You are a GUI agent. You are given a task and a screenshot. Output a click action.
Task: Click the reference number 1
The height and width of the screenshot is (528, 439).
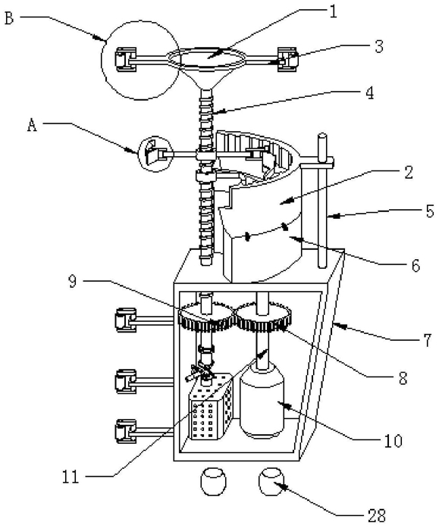coord(333,13)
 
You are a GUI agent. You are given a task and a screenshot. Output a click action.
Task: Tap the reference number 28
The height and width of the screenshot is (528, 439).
coord(375,515)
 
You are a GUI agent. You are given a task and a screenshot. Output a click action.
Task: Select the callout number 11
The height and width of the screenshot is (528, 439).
coord(70,476)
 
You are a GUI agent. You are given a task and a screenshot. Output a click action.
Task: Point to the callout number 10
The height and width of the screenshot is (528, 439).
coord(393,440)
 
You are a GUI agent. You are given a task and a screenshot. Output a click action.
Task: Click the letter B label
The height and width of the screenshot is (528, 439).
coord(9,18)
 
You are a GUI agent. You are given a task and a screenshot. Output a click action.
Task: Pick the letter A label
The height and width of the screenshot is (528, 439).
coord(32,126)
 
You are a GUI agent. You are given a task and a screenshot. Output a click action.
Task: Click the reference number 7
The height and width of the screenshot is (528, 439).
coord(427,340)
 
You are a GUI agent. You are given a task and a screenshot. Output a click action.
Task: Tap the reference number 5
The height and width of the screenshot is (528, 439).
coord(430,211)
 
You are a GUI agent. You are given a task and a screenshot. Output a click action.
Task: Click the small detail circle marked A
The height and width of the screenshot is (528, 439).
coord(156,154)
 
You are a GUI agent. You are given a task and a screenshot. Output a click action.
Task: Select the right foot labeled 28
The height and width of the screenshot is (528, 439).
coord(271,482)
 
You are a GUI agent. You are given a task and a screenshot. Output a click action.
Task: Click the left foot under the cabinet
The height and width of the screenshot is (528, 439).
coord(213,482)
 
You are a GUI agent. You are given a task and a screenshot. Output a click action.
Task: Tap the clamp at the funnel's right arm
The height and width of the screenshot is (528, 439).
coord(287,59)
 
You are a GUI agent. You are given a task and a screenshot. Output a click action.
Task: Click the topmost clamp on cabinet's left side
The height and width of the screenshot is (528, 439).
coord(126,320)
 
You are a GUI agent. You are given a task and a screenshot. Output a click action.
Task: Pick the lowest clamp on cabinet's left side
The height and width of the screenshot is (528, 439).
coord(126,431)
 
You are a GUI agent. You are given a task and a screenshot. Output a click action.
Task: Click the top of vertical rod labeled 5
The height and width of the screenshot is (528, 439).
coord(322,136)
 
